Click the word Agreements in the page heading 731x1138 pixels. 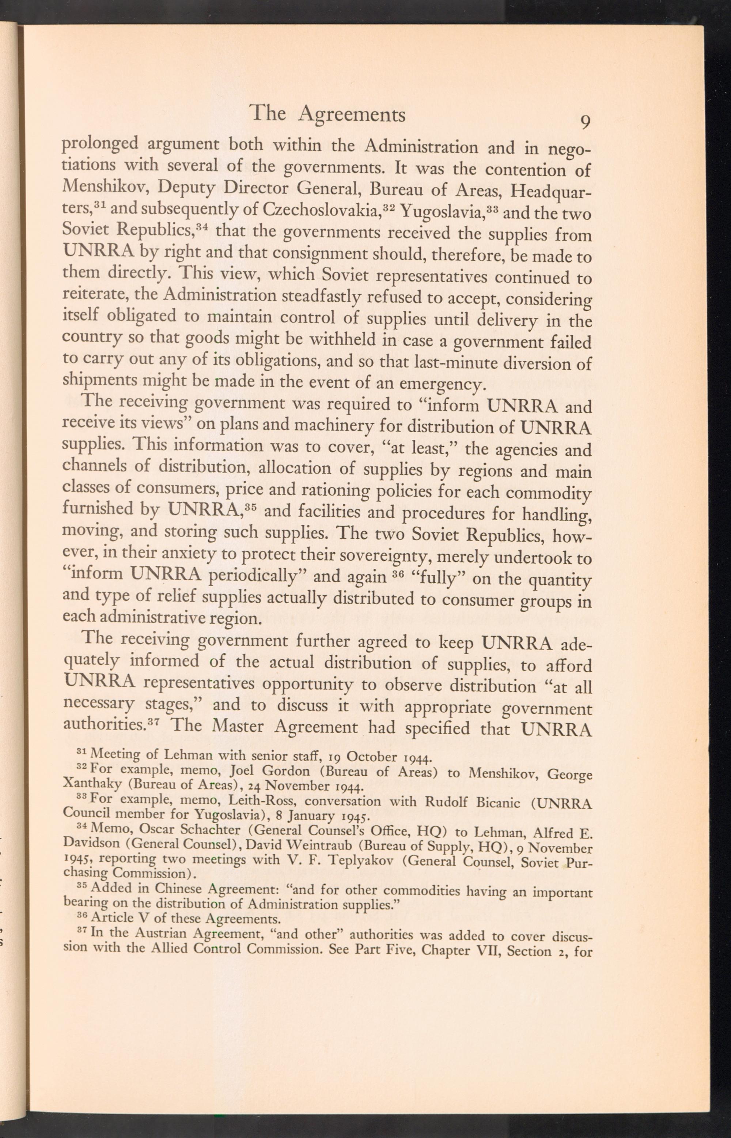tap(353, 115)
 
